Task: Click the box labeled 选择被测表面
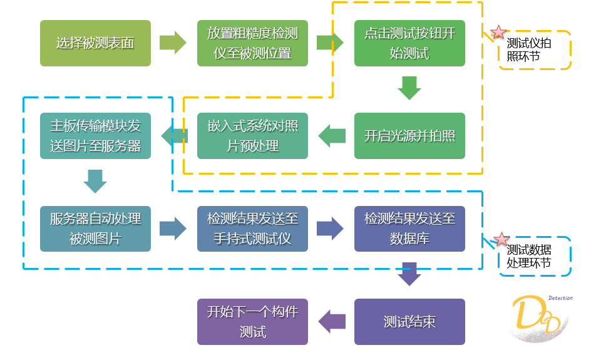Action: [x=95, y=43]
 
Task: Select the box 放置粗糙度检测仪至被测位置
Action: [x=252, y=43]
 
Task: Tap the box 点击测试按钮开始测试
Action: [x=409, y=43]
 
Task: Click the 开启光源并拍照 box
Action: [x=409, y=136]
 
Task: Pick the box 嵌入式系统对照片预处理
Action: [x=252, y=136]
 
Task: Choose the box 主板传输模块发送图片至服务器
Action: [x=95, y=136]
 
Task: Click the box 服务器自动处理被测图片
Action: [x=95, y=229]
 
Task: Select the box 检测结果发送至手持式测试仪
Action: [x=252, y=229]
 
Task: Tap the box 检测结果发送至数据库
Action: [x=409, y=229]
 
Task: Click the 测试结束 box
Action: [x=409, y=322]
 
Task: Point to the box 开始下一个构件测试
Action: [x=252, y=322]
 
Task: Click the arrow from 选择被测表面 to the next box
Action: [x=173, y=43]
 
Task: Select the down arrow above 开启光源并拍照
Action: [x=409, y=88]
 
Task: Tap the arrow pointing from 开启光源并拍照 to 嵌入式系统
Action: [x=331, y=136]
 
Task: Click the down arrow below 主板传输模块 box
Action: [x=95, y=181]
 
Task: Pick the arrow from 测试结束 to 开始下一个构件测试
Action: [x=331, y=322]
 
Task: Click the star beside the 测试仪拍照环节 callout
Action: [x=498, y=33]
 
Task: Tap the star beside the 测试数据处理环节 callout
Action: [x=501, y=240]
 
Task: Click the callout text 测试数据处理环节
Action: [x=529, y=257]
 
